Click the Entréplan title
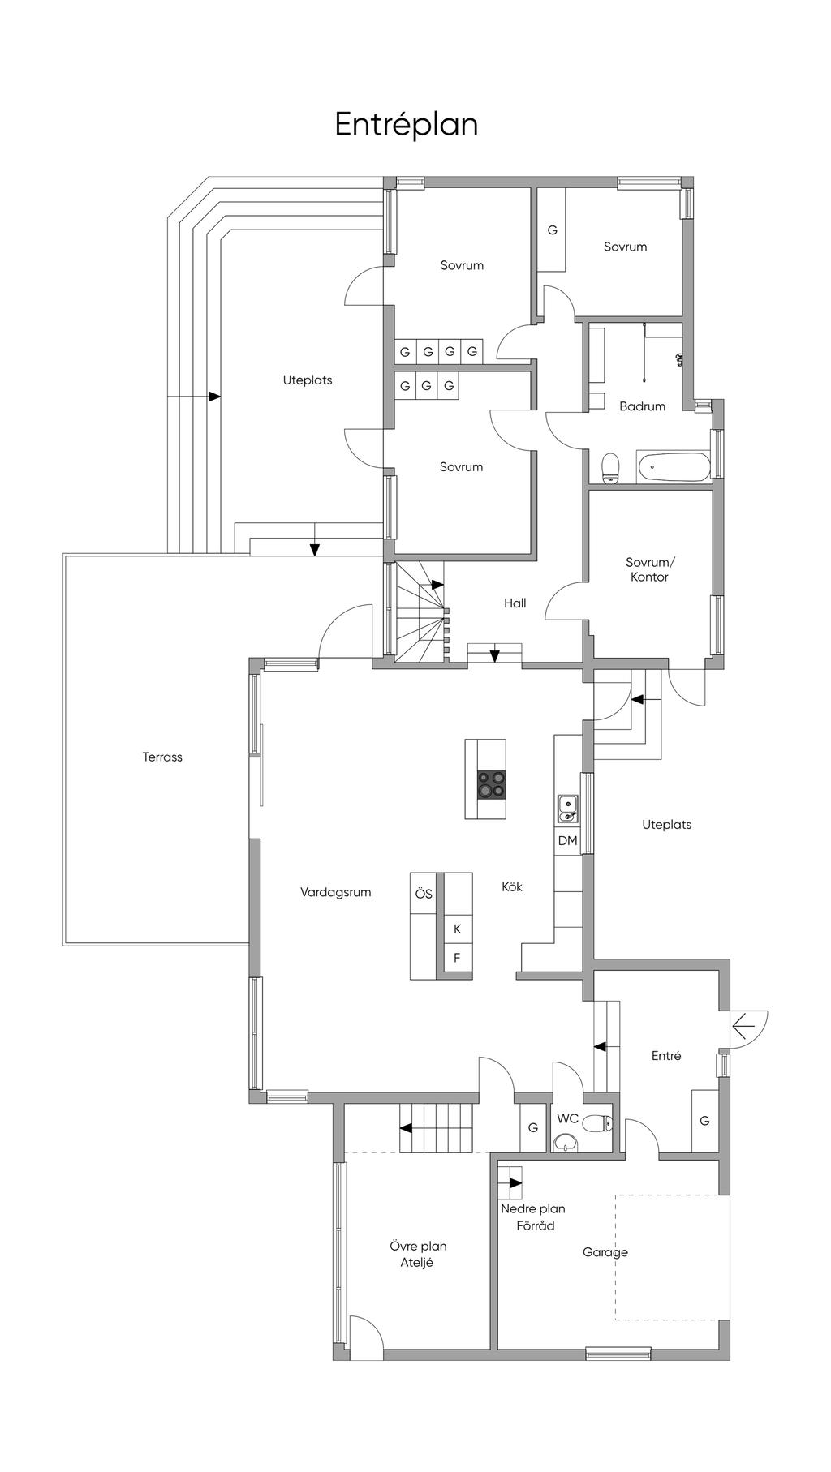click(x=407, y=125)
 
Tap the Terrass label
click(x=162, y=757)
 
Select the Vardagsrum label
click(x=335, y=893)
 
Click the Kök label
click(x=512, y=887)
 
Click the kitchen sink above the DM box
click(x=567, y=808)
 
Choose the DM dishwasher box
click(x=567, y=841)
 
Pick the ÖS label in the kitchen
click(x=424, y=895)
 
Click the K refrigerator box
click(x=458, y=929)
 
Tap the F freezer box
click(x=458, y=958)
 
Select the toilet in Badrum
click(x=610, y=468)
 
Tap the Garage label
click(x=605, y=1253)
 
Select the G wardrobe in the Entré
click(x=704, y=1121)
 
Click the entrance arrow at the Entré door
click(x=743, y=1028)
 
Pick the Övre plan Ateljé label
click(x=417, y=1255)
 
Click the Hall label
click(x=515, y=603)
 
